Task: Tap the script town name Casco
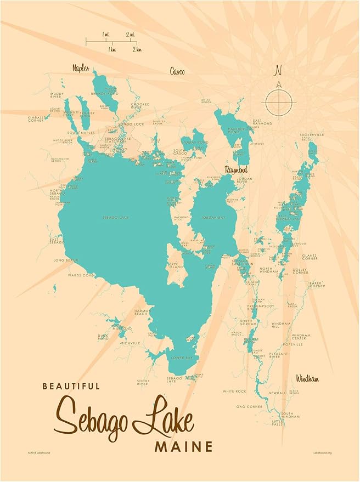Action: [x=177, y=71]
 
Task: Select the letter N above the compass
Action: [x=278, y=71]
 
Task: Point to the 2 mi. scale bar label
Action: [x=130, y=35]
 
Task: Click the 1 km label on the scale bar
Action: [x=112, y=49]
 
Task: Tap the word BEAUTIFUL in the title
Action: [x=71, y=386]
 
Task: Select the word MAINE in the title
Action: [x=183, y=447]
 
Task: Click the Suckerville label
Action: [x=312, y=134]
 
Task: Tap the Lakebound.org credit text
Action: [x=323, y=453]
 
